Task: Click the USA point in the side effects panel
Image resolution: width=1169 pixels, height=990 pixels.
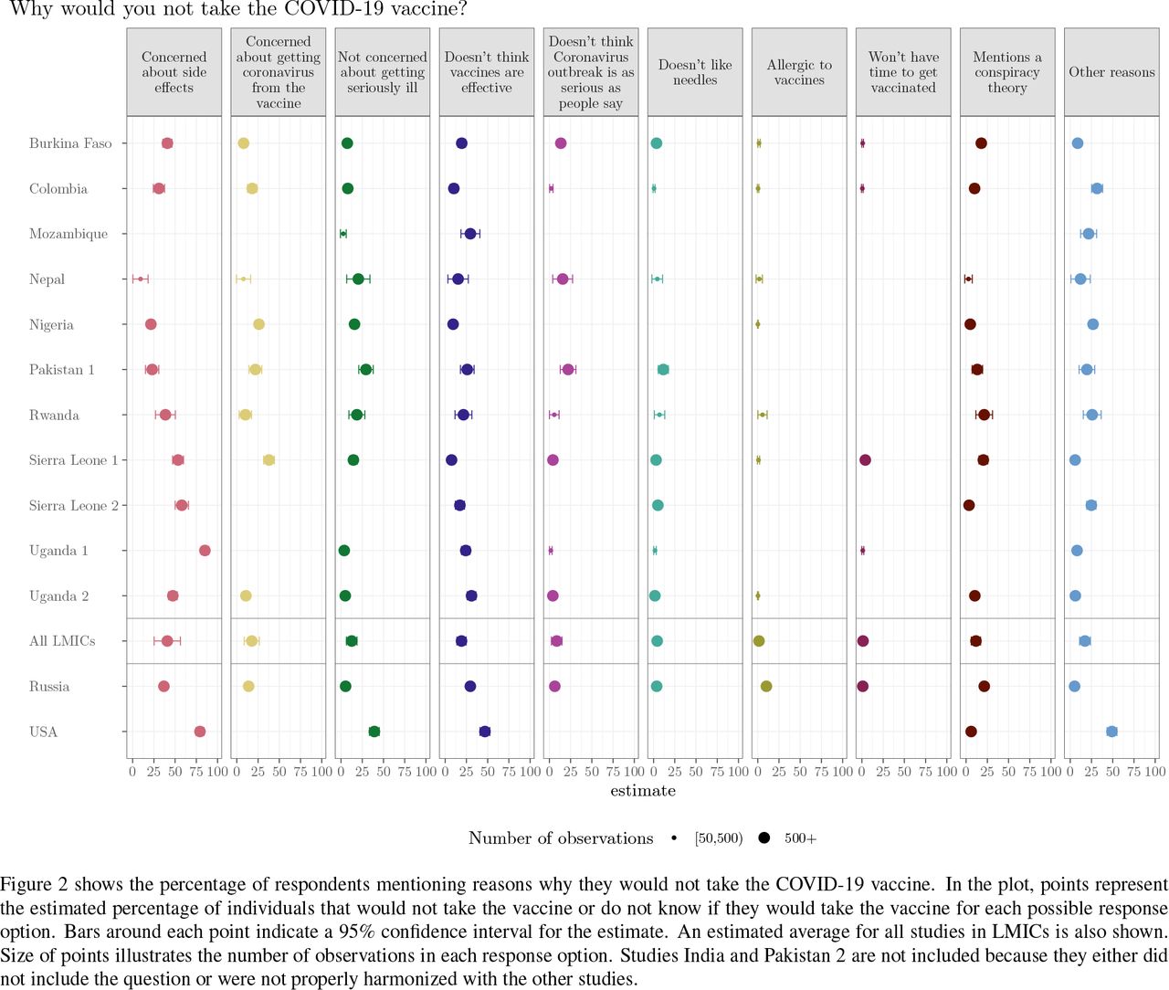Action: pos(200,732)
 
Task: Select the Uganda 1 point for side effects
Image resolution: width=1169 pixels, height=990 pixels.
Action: pos(205,551)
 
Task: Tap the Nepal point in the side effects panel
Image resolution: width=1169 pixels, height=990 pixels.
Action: pos(141,279)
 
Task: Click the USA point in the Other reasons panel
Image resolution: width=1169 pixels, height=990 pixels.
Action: pos(1111,732)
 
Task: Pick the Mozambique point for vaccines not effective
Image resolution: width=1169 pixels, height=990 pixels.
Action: pos(470,234)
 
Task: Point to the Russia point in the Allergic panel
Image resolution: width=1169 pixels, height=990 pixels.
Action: pos(765,686)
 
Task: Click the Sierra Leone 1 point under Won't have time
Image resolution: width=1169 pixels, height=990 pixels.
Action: pos(865,460)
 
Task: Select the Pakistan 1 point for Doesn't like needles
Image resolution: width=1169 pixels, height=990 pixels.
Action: pos(663,369)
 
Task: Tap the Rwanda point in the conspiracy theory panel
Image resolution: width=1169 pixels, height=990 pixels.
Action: pos(984,415)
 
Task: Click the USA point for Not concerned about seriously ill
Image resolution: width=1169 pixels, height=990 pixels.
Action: pos(374,732)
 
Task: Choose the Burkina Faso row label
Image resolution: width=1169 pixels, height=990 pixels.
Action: pos(70,143)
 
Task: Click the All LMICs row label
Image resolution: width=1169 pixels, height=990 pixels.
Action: pos(62,641)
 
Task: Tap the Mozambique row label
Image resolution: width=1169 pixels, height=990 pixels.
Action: pos(68,234)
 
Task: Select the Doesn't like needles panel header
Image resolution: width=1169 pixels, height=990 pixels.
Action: pos(694,72)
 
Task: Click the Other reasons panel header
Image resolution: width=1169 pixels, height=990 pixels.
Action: pos(1111,72)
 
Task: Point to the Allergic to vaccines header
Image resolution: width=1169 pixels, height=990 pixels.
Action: pos(798,72)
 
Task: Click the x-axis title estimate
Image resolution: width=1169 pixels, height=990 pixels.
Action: pos(642,790)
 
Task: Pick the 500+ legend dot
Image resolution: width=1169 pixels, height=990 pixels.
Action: pos(764,837)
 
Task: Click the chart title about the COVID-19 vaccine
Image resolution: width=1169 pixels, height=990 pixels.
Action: pos(238,9)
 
